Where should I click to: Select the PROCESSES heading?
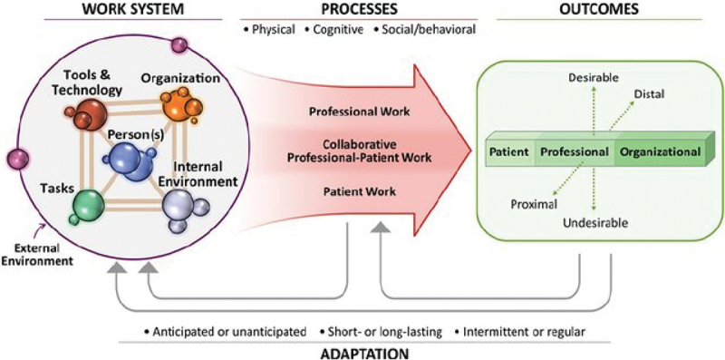coord(358,8)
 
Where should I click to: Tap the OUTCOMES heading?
coord(599,8)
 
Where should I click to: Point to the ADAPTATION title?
coord(359,354)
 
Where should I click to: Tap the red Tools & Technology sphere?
coord(87,114)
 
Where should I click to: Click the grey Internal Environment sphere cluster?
coord(183,209)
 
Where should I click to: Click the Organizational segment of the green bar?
coord(661,152)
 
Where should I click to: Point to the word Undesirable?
coord(595,223)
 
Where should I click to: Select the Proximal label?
coord(534,204)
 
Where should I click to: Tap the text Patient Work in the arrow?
coord(359,190)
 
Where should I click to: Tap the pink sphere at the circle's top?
coord(179,45)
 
